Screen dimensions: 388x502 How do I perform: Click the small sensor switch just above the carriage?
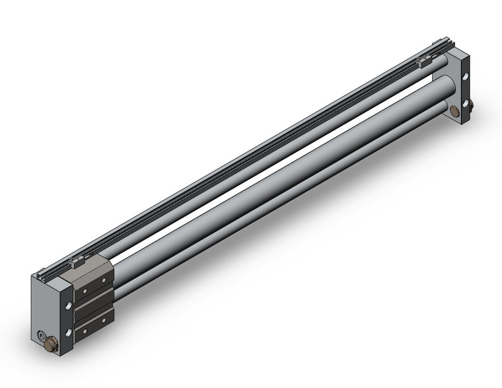(75, 263)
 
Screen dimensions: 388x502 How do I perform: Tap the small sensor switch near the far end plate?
(424, 63)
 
